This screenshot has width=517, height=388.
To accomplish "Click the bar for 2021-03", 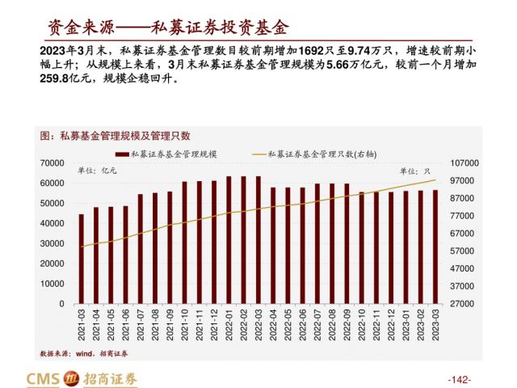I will point(81,259).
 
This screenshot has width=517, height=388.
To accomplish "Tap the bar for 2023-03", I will point(436,247).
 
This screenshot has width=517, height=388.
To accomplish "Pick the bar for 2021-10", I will point(185,242).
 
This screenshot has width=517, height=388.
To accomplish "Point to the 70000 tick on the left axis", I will point(53,163).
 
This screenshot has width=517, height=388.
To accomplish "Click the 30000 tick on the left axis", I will point(53,243).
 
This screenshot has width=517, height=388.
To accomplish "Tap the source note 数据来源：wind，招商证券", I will point(84,353).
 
